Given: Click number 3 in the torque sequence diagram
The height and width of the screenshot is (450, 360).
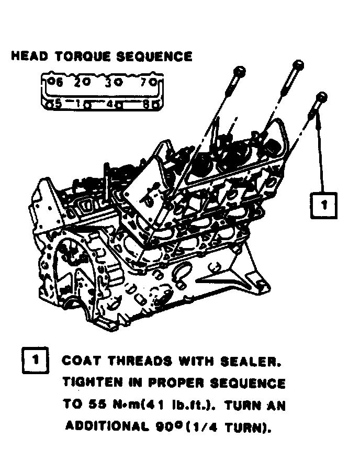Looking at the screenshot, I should [x=109, y=82].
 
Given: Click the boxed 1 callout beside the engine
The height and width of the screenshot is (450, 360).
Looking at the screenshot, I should [x=324, y=204].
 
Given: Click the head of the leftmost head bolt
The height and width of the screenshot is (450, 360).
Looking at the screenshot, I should [x=239, y=70].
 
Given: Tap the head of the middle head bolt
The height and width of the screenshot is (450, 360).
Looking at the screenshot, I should [x=297, y=65].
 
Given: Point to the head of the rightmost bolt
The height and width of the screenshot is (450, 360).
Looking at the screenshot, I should [x=321, y=97].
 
